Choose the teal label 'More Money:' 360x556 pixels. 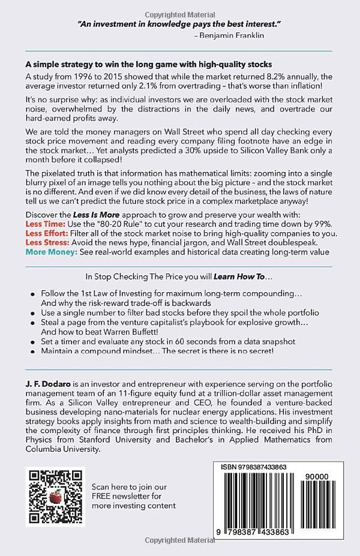pyautogui.click(x=49, y=251)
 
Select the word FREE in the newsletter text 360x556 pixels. pyautogui.click(x=103, y=496)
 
